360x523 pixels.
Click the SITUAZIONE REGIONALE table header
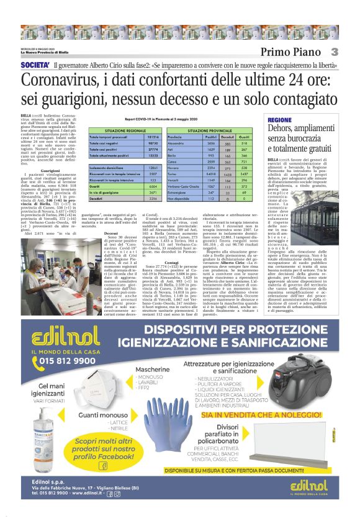coord(125,130)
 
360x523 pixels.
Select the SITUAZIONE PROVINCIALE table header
coord(214,130)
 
